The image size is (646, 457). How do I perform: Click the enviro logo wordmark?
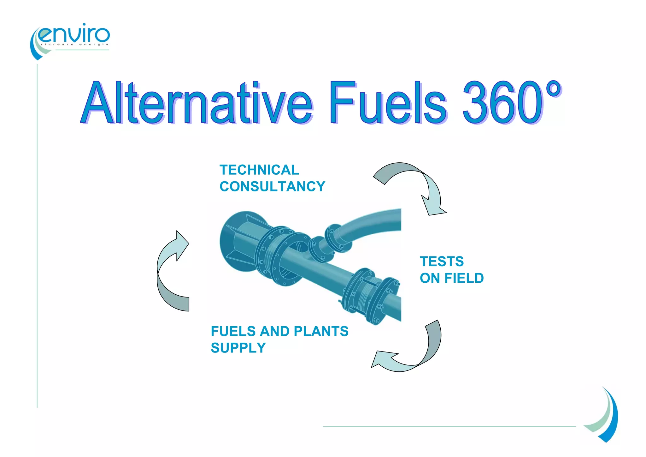(x=74, y=34)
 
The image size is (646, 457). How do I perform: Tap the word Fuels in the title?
(x=388, y=103)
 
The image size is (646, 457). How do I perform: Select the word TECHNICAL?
(x=259, y=170)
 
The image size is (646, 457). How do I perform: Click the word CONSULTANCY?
(x=272, y=186)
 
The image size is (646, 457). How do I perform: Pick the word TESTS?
(x=442, y=262)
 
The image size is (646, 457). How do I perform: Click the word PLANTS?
(x=321, y=331)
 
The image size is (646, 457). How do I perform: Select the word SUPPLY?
(x=238, y=348)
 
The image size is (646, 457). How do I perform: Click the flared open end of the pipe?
(x=237, y=242)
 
